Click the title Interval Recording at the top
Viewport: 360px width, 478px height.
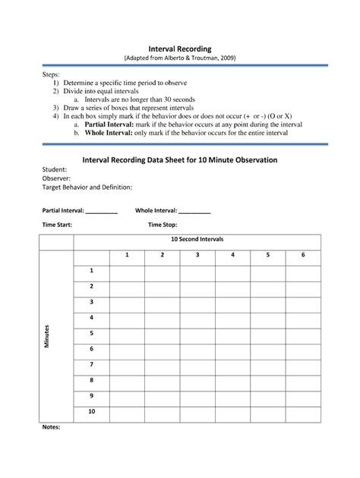pyautogui.click(x=179, y=48)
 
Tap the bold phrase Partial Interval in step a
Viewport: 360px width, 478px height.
pyautogui.click(x=108, y=124)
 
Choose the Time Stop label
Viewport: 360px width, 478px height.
pyautogui.click(x=163, y=225)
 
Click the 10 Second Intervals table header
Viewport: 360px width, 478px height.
pyautogui.click(x=197, y=239)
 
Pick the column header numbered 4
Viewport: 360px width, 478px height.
pyautogui.click(x=232, y=255)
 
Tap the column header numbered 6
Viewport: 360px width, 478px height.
pyautogui.click(x=302, y=255)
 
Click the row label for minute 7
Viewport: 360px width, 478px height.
pyautogui.click(x=91, y=364)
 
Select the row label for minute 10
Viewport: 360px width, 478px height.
pyautogui.click(x=91, y=411)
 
